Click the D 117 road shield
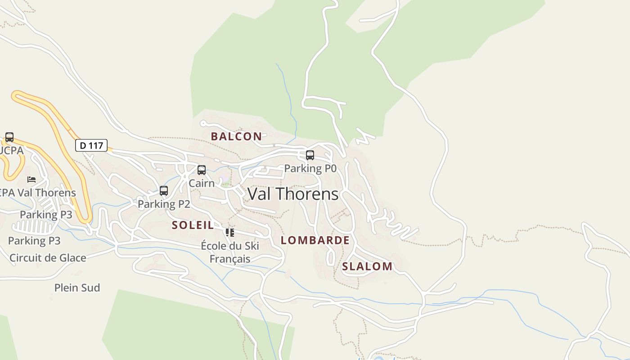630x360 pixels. point(91,145)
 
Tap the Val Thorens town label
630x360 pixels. point(293,194)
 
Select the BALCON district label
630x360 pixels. point(236,136)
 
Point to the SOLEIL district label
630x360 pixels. point(193,225)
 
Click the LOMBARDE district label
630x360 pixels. point(315,240)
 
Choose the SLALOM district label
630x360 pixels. point(367,266)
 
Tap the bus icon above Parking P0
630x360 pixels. point(310,155)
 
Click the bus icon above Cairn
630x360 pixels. point(202,170)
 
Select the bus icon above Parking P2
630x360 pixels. point(164,191)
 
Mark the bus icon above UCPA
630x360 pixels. point(9,137)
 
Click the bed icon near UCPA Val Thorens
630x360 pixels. point(31,179)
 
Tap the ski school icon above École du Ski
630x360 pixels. point(230,233)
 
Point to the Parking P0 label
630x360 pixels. point(310,168)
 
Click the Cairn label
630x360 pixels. point(202,183)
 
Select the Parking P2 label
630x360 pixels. point(164,204)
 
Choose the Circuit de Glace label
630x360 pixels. point(48,258)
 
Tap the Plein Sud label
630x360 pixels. point(77,288)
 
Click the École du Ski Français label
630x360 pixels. point(230,252)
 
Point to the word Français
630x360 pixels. point(230,259)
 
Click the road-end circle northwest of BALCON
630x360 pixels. point(203,123)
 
